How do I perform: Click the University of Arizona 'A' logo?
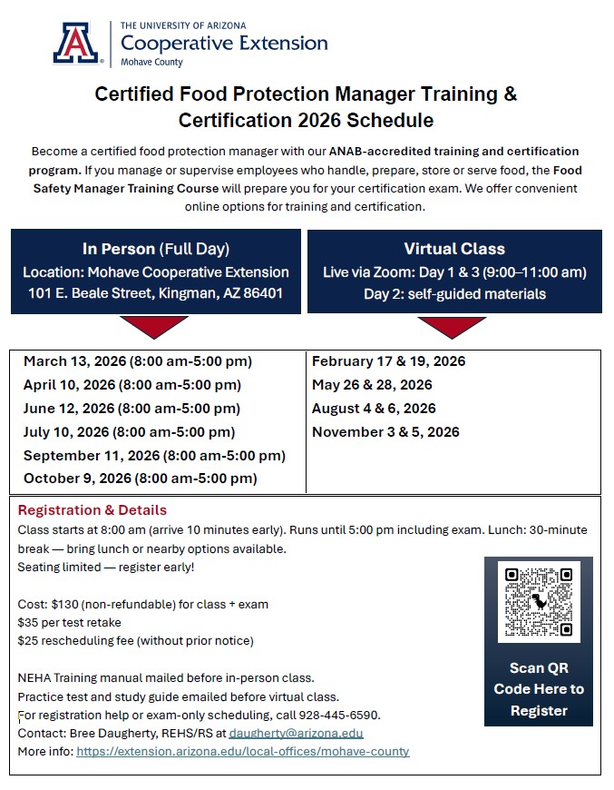pyautogui.click(x=78, y=43)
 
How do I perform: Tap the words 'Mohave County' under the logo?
pyautogui.click(x=151, y=63)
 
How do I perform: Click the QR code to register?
pyautogui.click(x=539, y=601)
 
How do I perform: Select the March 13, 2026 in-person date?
pyautogui.click(x=138, y=361)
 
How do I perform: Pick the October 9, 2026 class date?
pyautogui.click(x=140, y=479)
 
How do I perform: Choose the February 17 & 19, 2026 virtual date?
pyautogui.click(x=388, y=361)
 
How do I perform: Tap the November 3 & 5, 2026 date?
pyautogui.click(x=385, y=432)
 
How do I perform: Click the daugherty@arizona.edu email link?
pyautogui.click(x=296, y=733)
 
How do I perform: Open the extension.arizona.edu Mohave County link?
pyautogui.click(x=243, y=752)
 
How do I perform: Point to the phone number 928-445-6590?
pyautogui.click(x=346, y=715)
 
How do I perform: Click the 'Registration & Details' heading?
pyautogui.click(x=93, y=510)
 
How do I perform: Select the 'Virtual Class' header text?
pyautogui.click(x=454, y=249)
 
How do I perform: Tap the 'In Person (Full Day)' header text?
pyautogui.click(x=156, y=249)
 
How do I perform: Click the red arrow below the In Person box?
pyautogui.click(x=154, y=326)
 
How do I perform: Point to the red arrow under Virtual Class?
pyautogui.click(x=452, y=326)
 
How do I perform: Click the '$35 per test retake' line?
pyautogui.click(x=69, y=622)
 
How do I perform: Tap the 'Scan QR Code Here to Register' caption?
pyautogui.click(x=539, y=689)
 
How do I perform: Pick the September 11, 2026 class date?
pyautogui.click(x=154, y=456)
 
